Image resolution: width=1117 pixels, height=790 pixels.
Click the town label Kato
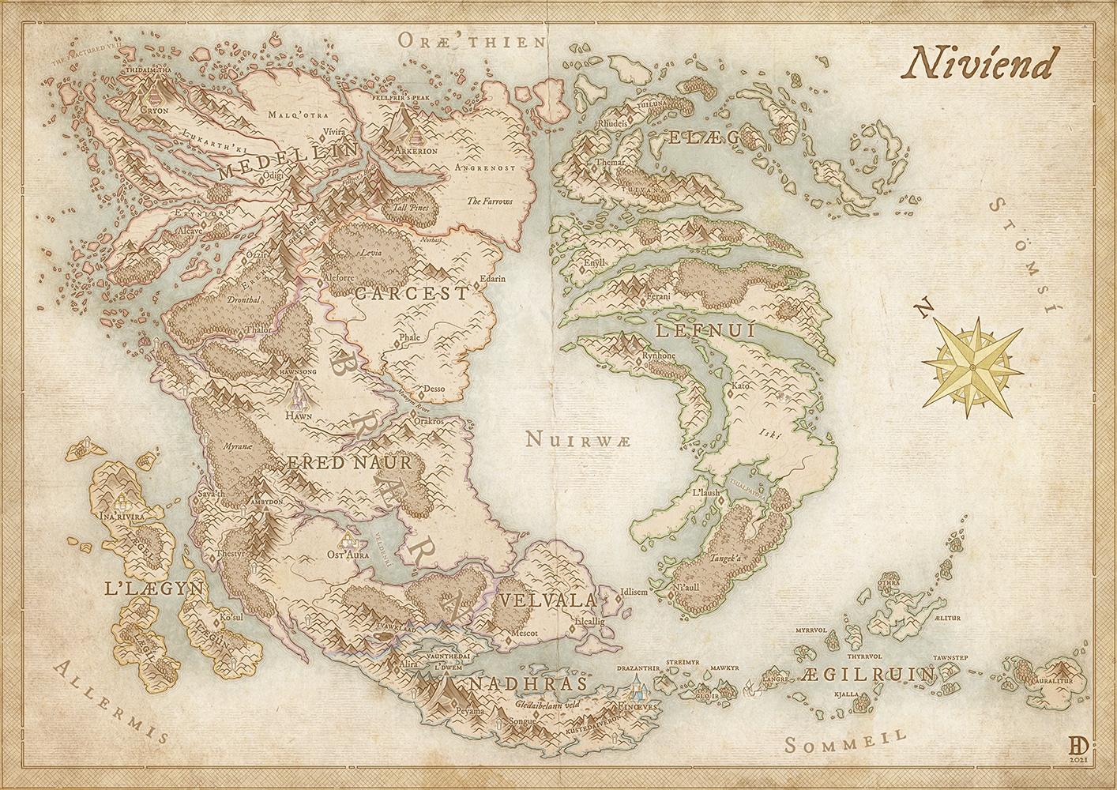pos(739,386)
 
